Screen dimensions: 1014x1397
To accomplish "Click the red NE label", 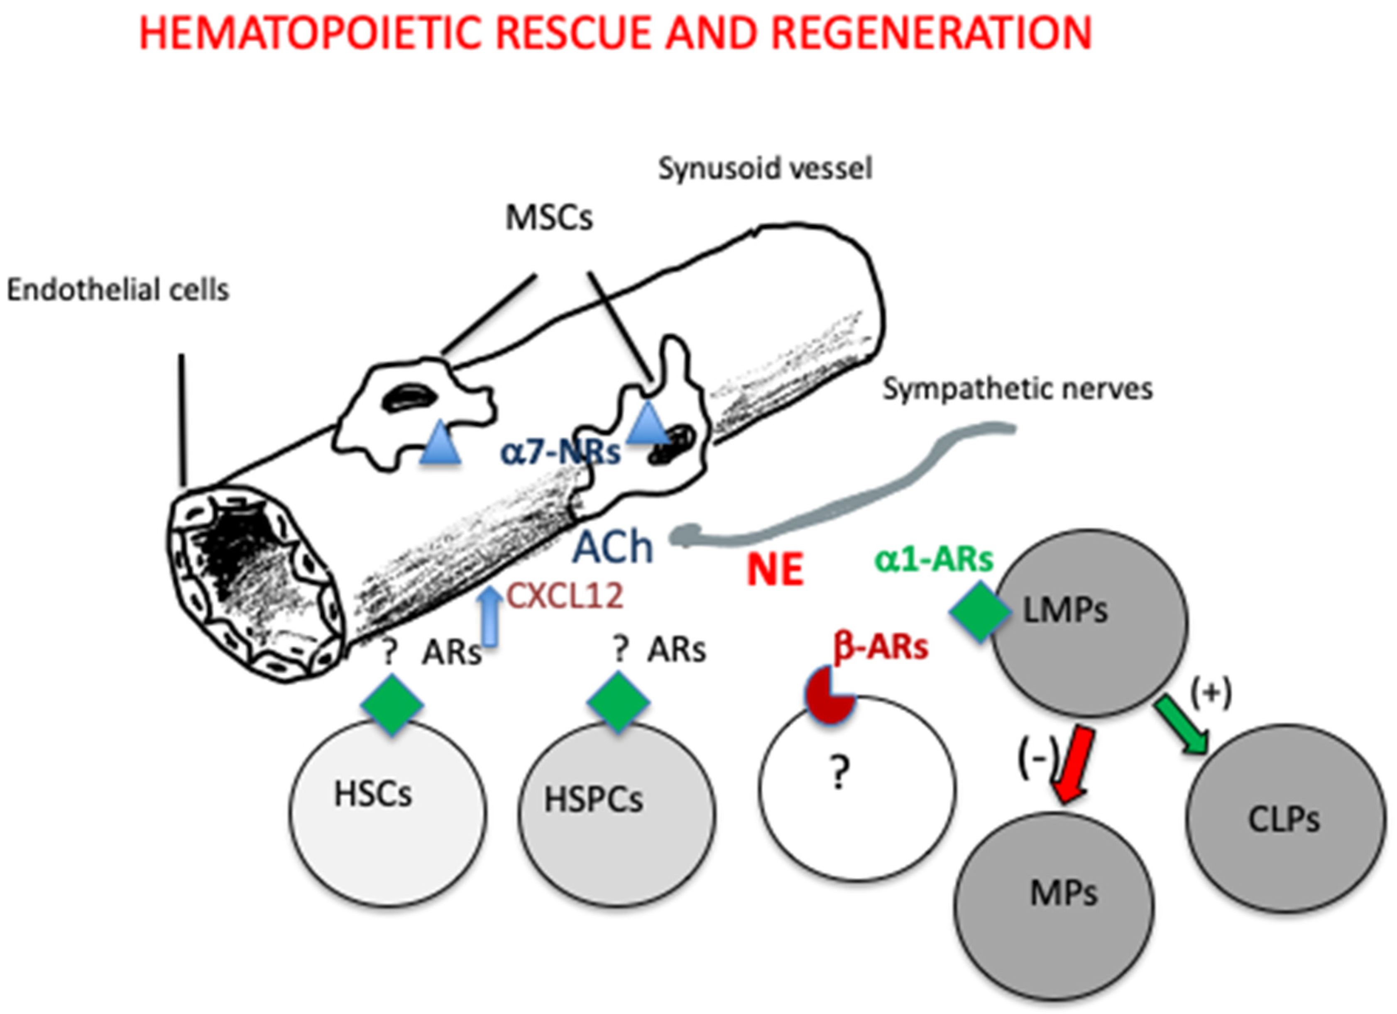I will (x=774, y=570).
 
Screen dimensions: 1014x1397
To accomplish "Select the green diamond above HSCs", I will (x=392, y=704).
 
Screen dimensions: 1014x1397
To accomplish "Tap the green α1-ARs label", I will (x=934, y=559).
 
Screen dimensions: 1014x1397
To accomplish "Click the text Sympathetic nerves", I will (x=1017, y=389).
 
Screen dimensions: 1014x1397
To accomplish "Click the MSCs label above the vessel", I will (x=549, y=217).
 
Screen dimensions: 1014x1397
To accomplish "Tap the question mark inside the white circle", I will (x=839, y=773).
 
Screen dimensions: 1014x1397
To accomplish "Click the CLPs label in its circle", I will (x=1284, y=819).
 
